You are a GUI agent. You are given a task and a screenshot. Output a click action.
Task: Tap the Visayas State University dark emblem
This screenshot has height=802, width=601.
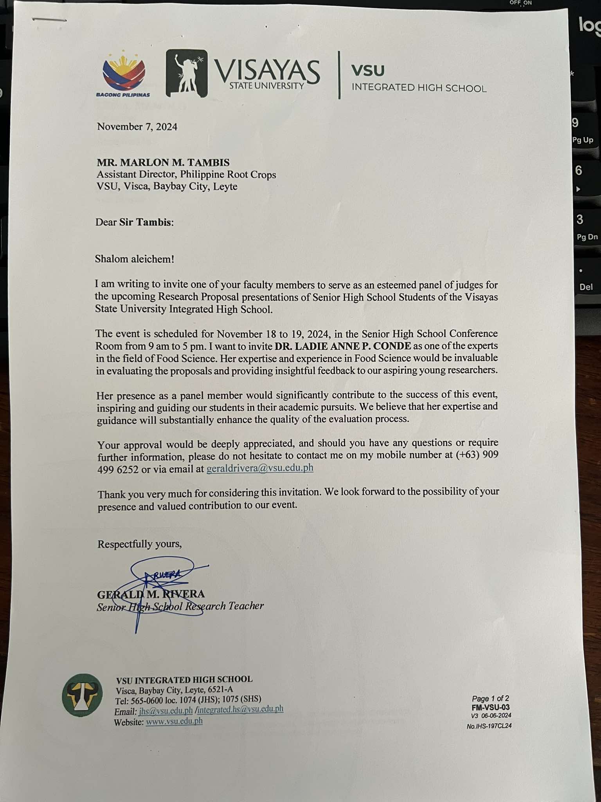pyautogui.click(x=187, y=73)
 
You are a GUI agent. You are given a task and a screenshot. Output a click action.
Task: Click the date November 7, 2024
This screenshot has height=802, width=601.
pyautogui.click(x=137, y=127)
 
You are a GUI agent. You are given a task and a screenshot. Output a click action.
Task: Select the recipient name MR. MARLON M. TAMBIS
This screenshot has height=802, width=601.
pyautogui.click(x=163, y=162)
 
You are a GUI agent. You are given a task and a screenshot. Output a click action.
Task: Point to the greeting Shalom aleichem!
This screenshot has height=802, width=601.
pyautogui.click(x=134, y=259)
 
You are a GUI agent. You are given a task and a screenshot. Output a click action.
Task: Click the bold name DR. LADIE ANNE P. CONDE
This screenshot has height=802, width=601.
pyautogui.click(x=343, y=346)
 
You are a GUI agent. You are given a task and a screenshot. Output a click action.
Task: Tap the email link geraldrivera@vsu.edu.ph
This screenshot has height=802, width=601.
pyautogui.click(x=260, y=468)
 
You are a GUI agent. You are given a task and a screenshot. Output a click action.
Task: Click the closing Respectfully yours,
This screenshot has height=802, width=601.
pyautogui.click(x=140, y=544)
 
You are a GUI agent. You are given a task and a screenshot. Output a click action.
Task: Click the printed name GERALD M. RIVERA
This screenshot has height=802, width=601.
pyautogui.click(x=151, y=594)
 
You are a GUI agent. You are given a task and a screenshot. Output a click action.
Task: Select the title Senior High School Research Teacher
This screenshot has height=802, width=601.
pyautogui.click(x=180, y=606)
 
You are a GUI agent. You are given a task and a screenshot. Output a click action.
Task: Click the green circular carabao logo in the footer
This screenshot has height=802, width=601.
pyautogui.click(x=82, y=695)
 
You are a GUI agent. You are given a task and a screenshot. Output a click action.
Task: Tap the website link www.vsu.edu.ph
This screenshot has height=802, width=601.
pyautogui.click(x=174, y=721)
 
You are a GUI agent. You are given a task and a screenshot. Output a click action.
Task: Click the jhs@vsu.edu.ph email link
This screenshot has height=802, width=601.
pyautogui.click(x=166, y=710)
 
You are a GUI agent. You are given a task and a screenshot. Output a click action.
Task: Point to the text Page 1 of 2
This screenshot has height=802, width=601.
pyautogui.click(x=490, y=698)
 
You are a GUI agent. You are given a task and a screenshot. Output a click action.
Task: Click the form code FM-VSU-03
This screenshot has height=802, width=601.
pyautogui.click(x=491, y=707)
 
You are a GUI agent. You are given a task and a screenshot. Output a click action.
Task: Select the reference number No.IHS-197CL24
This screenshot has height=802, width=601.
pyautogui.click(x=489, y=726)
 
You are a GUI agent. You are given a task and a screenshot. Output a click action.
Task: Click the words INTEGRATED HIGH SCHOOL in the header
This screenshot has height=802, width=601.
pyautogui.click(x=419, y=88)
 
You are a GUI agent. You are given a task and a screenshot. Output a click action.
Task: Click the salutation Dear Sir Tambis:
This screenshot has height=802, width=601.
pyautogui.click(x=135, y=222)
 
